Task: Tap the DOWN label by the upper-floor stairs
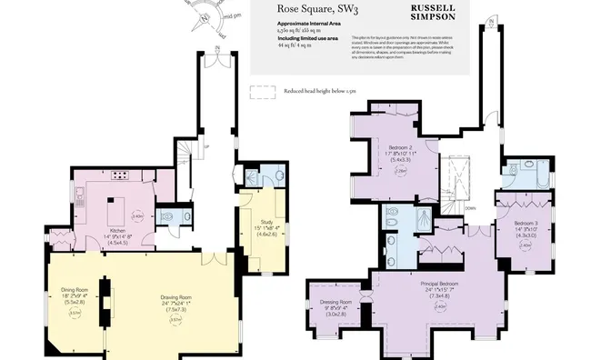[x=470, y=206]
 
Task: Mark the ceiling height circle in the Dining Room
[x=75, y=315]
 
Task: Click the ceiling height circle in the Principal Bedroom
[x=441, y=306]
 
